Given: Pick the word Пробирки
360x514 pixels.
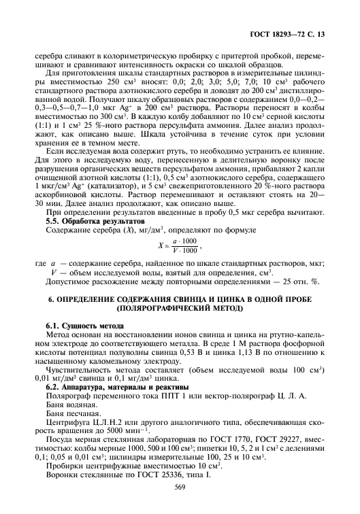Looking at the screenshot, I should [67, 467].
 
